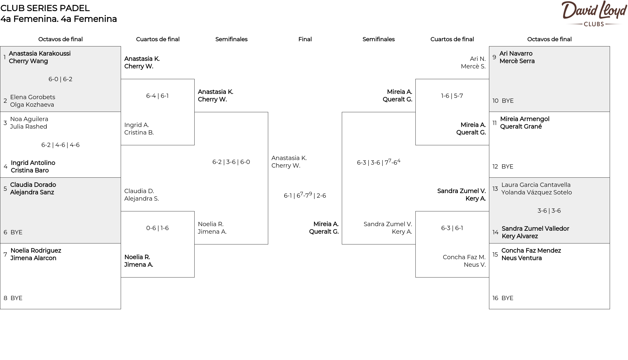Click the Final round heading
point(305,39)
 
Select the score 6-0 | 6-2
point(61,79)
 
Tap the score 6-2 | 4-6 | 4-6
point(61,145)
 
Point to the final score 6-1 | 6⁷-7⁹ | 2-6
point(305,195)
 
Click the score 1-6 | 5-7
point(452,96)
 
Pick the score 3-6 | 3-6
point(549,211)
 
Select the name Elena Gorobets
point(33,97)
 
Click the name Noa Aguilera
point(29,119)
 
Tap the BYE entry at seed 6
point(16,232)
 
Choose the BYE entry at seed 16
point(507,298)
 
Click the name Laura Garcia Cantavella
point(536,185)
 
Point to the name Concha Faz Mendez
point(531,251)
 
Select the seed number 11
point(495,123)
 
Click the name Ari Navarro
point(516,54)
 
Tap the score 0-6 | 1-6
point(157,228)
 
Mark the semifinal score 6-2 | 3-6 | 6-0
point(231,162)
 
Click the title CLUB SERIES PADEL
point(45,8)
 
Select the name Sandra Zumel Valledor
point(535,229)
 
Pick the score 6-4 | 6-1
point(157,96)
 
